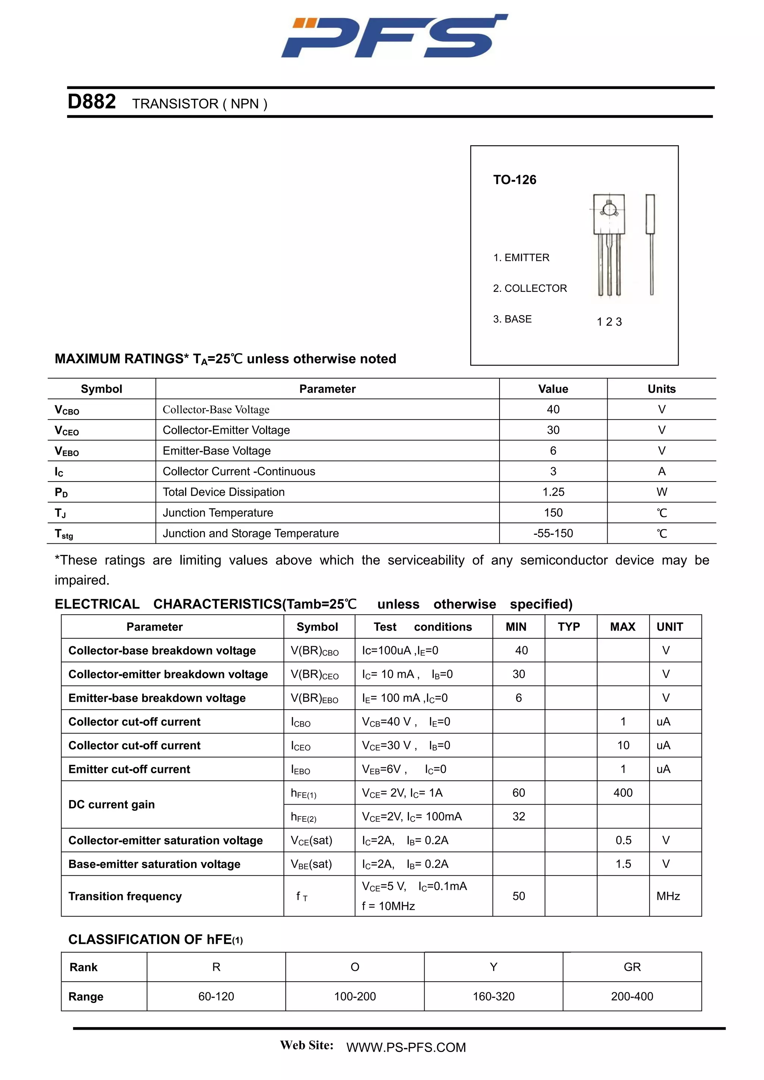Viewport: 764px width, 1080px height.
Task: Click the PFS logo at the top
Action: click(394, 37)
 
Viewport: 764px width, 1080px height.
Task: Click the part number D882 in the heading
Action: click(92, 102)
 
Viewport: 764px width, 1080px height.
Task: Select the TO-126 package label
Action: click(514, 180)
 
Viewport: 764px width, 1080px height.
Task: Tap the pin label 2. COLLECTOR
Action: click(530, 288)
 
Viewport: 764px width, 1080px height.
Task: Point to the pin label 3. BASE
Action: click(512, 319)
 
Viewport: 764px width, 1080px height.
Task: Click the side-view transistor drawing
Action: click(651, 244)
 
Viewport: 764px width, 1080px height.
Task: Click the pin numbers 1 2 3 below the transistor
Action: click(609, 322)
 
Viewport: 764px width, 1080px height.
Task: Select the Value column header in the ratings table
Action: click(553, 389)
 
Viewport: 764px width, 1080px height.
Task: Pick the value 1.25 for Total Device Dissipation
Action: click(553, 492)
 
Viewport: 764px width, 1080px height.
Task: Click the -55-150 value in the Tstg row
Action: click(553, 533)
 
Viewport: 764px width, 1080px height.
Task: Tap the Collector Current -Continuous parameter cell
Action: click(239, 471)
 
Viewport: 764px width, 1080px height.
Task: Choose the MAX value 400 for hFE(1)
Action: click(623, 793)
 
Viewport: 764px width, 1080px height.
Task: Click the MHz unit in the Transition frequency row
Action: click(668, 896)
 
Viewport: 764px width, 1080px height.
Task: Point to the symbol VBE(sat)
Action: click(311, 864)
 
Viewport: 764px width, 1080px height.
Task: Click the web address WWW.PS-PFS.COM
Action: click(406, 1047)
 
